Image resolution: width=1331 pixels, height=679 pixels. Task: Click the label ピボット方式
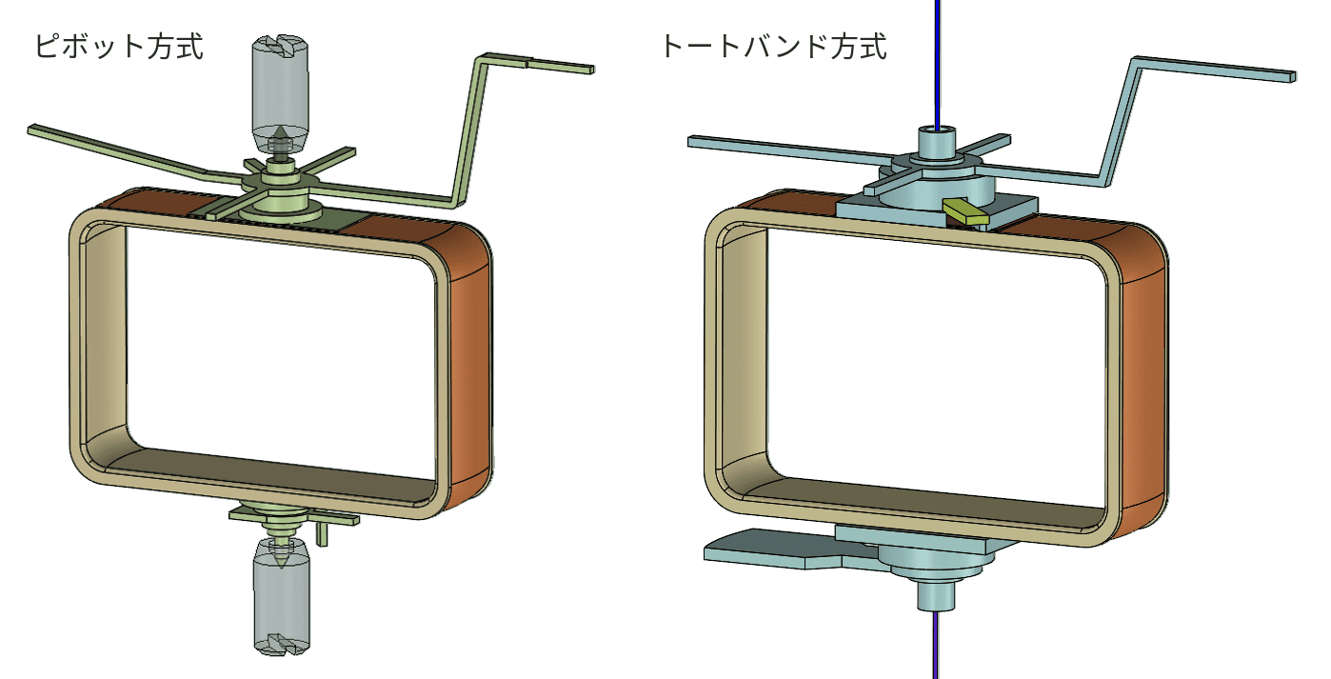tap(119, 47)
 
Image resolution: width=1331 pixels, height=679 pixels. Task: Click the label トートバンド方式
tap(774, 47)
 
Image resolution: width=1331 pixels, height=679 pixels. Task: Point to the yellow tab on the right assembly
tap(965, 212)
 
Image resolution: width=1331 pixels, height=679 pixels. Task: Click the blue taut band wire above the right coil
tap(938, 64)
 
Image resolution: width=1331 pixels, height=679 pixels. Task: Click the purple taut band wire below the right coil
tap(936, 645)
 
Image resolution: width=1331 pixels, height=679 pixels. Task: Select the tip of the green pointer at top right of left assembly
tap(592, 70)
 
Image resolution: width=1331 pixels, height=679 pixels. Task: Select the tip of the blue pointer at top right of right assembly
tap(1293, 76)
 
